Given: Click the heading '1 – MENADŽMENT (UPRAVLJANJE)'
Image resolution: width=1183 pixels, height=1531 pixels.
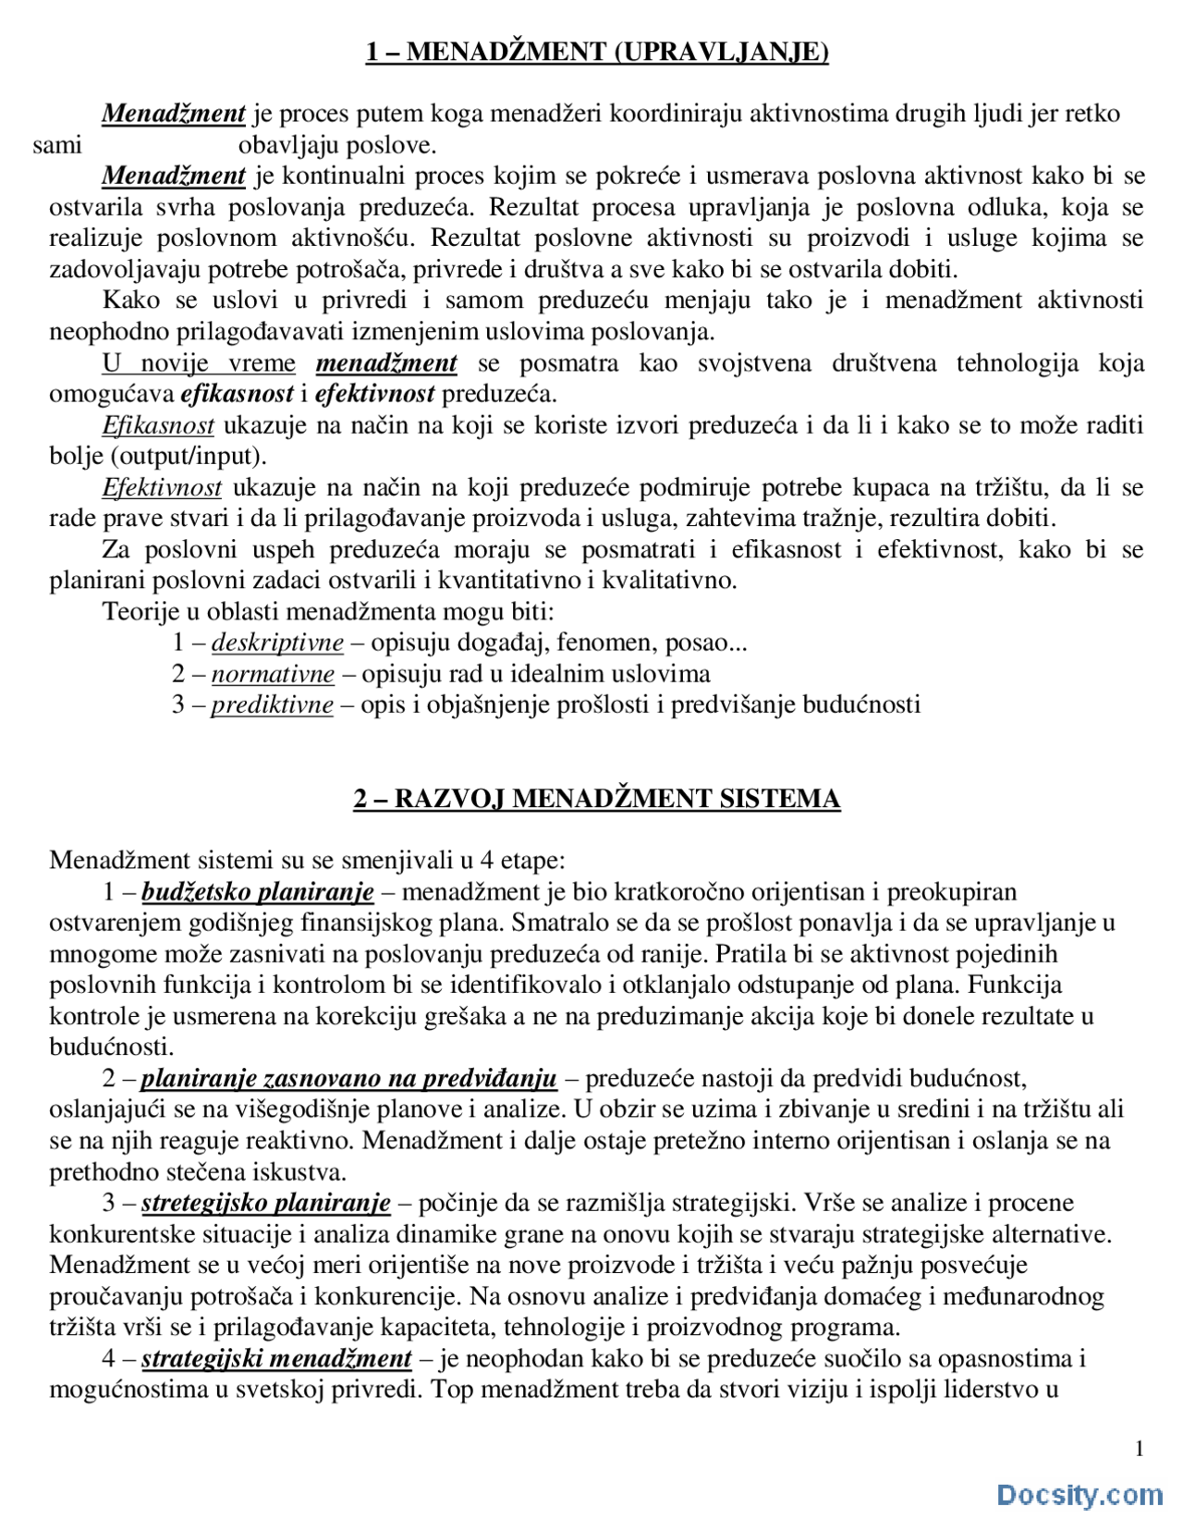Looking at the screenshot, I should coord(597,52).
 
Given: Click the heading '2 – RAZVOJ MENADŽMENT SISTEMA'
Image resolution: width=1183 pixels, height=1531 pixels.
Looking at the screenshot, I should coord(597,799).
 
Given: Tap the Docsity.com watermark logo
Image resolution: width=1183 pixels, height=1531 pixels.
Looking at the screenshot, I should coord(1079,1495).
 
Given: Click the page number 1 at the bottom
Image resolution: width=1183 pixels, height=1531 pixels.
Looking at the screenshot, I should coord(1139,1449).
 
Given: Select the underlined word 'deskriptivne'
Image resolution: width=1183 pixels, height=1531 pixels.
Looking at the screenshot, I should coord(277,643).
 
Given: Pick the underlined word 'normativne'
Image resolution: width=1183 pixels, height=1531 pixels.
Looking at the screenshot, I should coord(273,674).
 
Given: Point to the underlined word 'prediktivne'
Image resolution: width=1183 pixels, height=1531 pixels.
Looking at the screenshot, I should coord(272,705).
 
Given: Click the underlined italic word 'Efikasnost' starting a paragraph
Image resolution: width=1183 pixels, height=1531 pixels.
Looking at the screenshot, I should coord(158,425).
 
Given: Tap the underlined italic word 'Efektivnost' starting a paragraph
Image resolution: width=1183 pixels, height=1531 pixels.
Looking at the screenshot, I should coord(162,487).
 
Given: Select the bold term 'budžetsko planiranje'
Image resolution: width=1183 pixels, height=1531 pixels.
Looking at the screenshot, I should coord(258,892).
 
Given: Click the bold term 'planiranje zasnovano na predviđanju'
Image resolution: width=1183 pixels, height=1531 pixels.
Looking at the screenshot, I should coord(349,1079).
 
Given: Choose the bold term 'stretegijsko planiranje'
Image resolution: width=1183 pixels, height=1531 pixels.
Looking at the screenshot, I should coord(266,1203).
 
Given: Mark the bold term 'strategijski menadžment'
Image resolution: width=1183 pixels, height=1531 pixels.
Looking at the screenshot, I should coord(276,1358).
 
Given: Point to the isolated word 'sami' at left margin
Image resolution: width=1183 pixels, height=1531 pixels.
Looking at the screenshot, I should coord(57,145).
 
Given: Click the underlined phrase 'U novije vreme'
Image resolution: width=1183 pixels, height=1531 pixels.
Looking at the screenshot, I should coord(199,363).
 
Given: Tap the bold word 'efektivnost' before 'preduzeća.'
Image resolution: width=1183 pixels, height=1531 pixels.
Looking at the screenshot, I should coord(374,394).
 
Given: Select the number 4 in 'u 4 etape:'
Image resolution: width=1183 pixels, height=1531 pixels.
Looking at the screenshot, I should coord(486,861).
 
